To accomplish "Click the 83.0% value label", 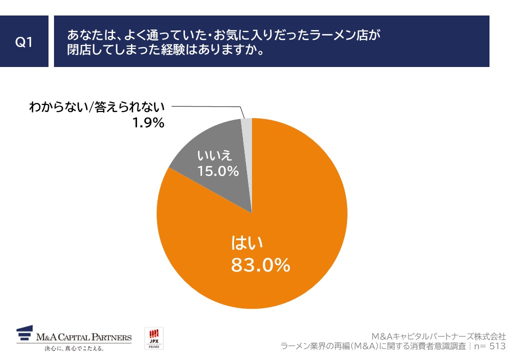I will coord(260,265).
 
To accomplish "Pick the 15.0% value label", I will coord(217,171).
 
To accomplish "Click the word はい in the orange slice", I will coord(247,243).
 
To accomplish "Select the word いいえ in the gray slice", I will coord(217,154).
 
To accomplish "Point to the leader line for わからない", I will coord(210,106).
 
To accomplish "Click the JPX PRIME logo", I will coord(154,338).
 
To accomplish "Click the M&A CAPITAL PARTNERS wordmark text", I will coord(84,337).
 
